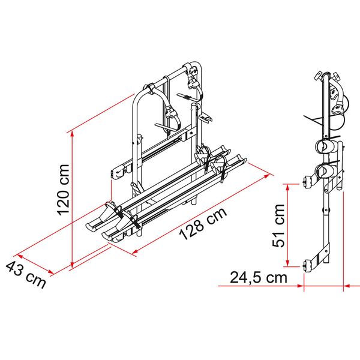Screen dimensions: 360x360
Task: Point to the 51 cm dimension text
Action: pos(278,224)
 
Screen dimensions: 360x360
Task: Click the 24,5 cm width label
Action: pos(258,278)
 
